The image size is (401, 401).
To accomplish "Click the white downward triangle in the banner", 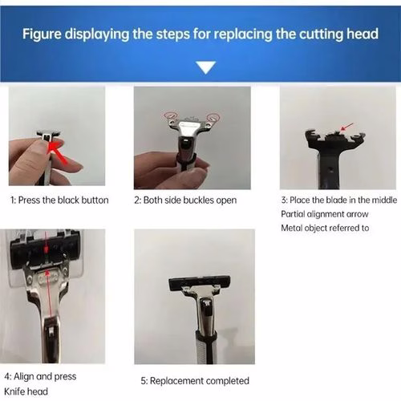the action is coord(205,67).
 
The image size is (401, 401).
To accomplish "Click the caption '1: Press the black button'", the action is coord(59,200).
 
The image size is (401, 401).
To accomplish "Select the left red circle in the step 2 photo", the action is coord(171,114).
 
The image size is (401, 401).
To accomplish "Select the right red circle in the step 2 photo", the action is coord(213,117).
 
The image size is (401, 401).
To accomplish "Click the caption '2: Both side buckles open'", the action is coord(185,200).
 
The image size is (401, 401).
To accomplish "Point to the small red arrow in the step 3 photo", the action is coord(346,127).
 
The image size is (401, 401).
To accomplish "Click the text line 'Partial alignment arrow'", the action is coord(325,214).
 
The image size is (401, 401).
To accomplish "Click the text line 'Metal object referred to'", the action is coord(325,228).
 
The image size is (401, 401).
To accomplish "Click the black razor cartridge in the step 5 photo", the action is coord(200,284).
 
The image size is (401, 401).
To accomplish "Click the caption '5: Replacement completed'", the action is coord(195,381).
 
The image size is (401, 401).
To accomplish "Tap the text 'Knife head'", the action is coord(26,391).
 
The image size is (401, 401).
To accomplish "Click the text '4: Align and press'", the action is coord(40,376).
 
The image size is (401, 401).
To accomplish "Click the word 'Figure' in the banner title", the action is coord(42,34).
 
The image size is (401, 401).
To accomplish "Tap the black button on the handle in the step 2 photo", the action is coord(185,144).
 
